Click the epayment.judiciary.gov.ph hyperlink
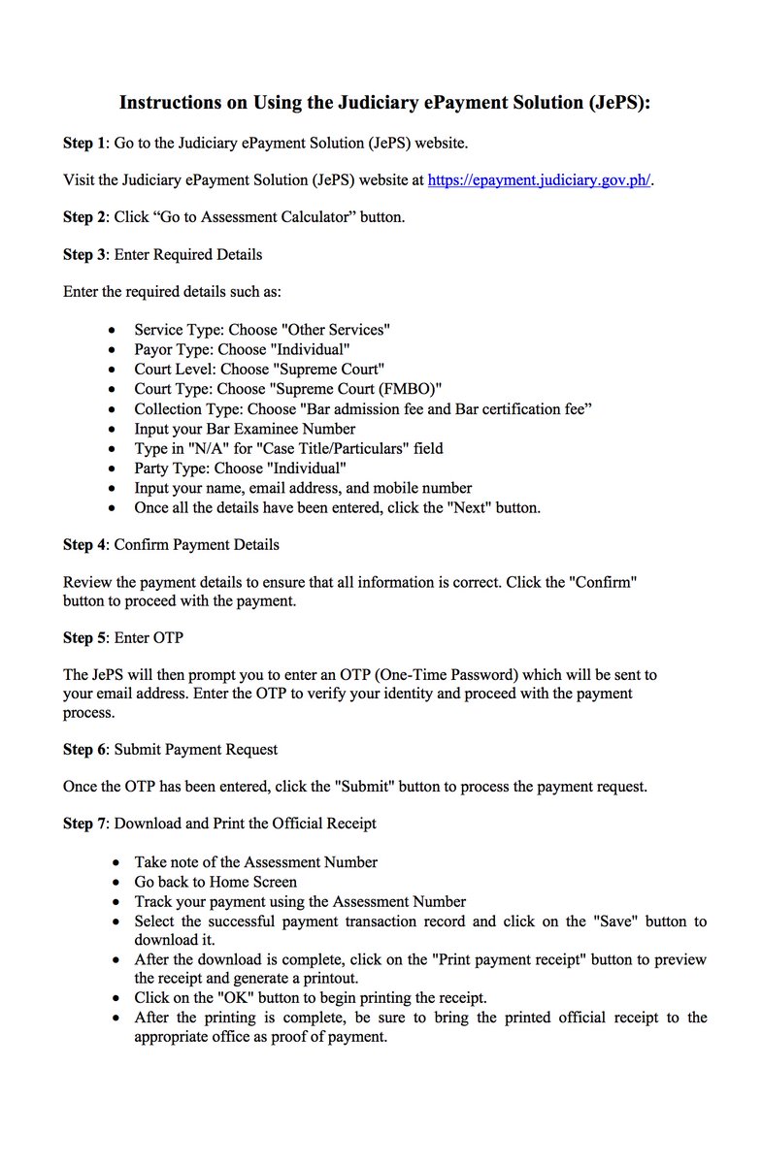click(x=539, y=180)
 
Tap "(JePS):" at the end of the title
click(x=618, y=102)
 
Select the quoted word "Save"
click(x=614, y=921)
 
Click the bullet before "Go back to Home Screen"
click(x=116, y=883)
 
